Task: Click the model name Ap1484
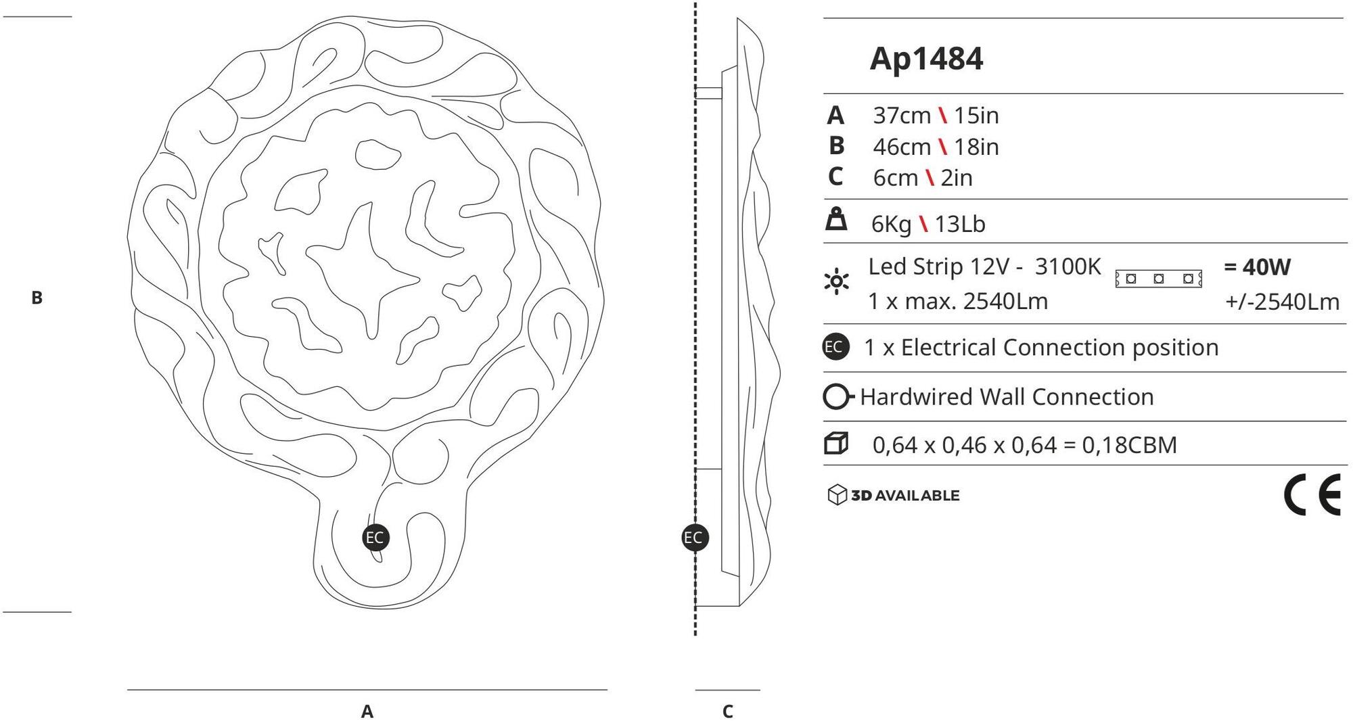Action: tap(925, 60)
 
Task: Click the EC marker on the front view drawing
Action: tap(375, 538)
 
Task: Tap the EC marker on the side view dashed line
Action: tap(695, 538)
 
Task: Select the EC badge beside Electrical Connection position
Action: tap(836, 347)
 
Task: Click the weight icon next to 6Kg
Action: tap(837, 219)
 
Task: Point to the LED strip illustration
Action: tap(1158, 278)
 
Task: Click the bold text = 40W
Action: tap(1257, 267)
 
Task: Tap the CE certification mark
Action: tap(1312, 495)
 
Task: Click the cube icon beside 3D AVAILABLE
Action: tap(837, 495)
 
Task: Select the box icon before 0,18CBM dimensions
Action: tap(836, 444)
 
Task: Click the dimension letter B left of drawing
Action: tap(37, 298)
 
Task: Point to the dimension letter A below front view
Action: tap(367, 712)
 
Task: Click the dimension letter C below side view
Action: tap(728, 712)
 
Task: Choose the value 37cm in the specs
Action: tap(902, 116)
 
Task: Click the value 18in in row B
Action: tap(976, 147)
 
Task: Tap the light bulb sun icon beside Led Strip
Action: tap(837, 281)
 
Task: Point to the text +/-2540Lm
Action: tap(1282, 302)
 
